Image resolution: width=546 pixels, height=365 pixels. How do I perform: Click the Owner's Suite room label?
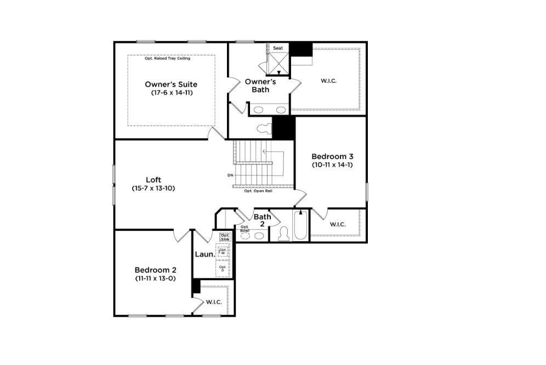click(171, 84)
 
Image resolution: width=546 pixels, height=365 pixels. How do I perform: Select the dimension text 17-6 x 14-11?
click(172, 93)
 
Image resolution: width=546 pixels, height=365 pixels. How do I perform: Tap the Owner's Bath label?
click(260, 85)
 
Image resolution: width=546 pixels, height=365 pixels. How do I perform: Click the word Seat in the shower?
click(278, 48)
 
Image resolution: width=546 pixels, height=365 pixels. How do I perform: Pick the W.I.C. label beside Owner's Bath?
click(328, 81)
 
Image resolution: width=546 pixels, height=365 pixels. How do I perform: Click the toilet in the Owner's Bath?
click(264, 129)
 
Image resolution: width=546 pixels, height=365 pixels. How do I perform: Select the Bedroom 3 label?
click(331, 156)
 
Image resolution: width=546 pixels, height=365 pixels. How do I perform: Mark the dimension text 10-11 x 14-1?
click(331, 164)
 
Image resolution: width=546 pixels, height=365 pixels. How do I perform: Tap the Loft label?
click(153, 180)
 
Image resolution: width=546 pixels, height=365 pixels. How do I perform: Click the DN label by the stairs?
click(230, 175)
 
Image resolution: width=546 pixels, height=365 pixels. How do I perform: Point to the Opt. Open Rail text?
click(258, 191)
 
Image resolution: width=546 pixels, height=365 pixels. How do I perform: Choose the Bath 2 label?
click(262, 220)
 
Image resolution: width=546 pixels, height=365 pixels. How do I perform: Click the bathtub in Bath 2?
click(300, 226)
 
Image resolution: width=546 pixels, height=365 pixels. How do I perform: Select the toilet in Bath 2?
click(284, 234)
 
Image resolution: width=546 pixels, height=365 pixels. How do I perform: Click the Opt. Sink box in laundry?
click(224, 237)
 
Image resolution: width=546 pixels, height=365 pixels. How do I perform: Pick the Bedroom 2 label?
click(156, 270)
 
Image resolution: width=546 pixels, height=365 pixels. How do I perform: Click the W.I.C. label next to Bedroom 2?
click(214, 302)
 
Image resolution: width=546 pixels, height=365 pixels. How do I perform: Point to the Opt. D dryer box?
click(223, 269)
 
